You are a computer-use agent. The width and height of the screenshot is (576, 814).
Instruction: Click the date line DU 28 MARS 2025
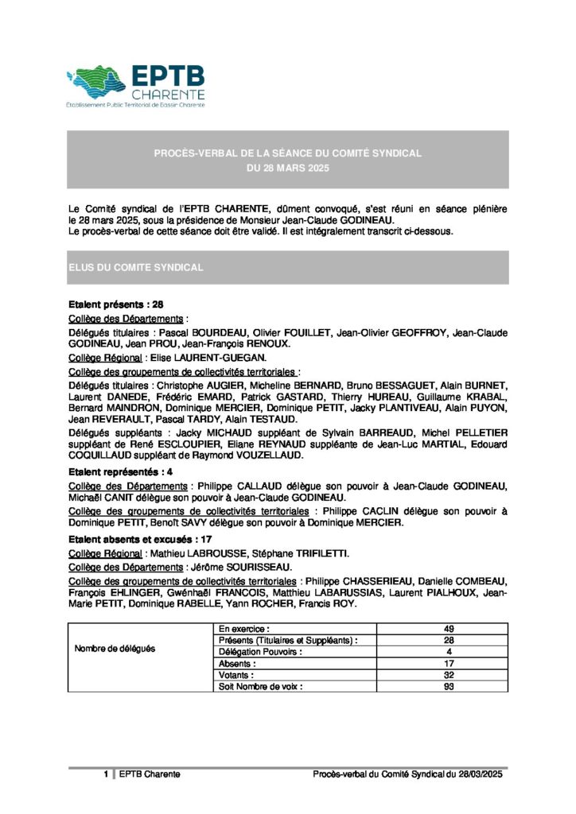pos(287,169)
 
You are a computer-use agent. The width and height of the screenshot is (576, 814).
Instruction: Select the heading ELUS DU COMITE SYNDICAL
pos(136,268)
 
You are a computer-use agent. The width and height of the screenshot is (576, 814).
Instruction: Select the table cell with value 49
pos(449,629)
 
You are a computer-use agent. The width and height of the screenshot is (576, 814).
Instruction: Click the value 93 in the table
pos(449,685)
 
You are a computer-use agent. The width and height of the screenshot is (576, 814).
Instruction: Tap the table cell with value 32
pos(449,674)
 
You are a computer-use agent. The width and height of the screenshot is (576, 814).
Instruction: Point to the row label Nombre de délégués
pos(115,649)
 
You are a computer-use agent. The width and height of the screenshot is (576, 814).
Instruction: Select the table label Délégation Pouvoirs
pos(261,651)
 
